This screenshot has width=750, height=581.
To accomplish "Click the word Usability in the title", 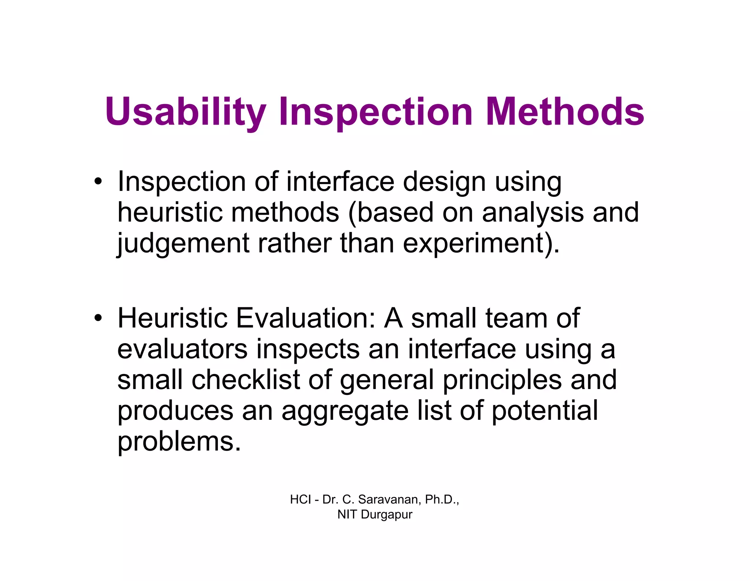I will (x=185, y=112).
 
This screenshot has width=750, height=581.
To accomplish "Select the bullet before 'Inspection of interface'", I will (x=97, y=182).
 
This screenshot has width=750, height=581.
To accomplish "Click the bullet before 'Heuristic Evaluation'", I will (x=97, y=318).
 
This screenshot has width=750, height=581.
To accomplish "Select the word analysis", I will (x=532, y=212).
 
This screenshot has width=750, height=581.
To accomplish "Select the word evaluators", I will (x=182, y=349).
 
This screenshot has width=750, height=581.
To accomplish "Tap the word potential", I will (x=545, y=411).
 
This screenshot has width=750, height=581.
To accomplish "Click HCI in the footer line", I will (x=300, y=499).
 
